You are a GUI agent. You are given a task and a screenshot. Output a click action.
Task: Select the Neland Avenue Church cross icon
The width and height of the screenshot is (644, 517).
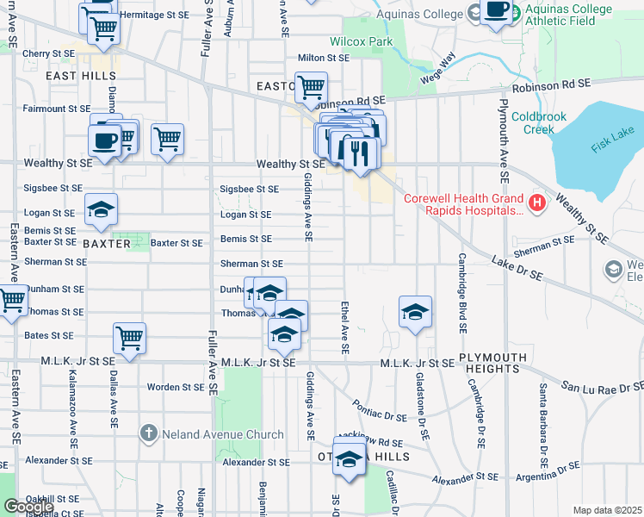[149, 433]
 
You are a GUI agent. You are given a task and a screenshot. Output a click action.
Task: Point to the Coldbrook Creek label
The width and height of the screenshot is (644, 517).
[544, 122]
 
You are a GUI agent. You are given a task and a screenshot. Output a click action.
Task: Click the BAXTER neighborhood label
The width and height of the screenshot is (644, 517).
[107, 244]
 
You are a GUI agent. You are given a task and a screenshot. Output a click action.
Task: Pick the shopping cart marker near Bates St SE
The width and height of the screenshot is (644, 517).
[129, 337]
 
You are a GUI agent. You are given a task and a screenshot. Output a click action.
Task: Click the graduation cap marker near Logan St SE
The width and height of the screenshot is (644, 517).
[102, 209]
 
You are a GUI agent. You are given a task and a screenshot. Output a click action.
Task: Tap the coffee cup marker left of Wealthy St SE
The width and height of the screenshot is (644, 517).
[104, 140]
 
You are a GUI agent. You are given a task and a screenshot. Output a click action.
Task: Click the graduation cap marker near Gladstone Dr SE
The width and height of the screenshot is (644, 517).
[415, 311]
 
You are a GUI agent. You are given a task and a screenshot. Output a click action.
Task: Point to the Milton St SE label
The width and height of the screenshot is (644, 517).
[323, 58]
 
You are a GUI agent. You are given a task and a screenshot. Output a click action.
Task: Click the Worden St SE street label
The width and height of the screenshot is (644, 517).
[175, 387]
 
